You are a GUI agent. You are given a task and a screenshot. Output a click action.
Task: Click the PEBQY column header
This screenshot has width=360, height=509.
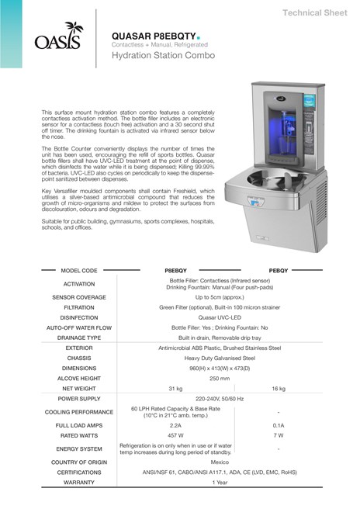pos(279,272)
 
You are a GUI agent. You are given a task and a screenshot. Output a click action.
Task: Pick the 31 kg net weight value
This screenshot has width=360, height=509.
pos(175,387)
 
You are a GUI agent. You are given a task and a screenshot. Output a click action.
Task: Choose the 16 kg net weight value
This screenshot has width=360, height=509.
pos(279,387)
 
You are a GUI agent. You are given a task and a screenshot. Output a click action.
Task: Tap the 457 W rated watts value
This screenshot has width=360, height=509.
pos(175,436)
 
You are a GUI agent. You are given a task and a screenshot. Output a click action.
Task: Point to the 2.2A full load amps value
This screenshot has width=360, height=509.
pos(175,426)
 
